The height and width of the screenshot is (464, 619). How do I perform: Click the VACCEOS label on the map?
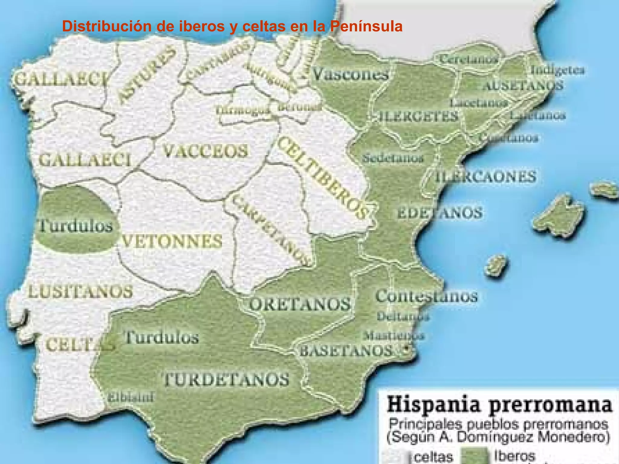205,151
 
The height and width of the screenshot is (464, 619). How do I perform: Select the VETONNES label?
172,241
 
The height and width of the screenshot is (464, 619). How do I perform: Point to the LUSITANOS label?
80,292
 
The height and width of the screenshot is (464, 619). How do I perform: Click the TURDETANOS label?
226,379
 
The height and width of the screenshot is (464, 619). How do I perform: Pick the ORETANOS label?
300,304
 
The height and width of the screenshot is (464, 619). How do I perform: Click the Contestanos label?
426,296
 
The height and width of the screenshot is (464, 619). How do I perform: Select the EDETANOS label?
440,213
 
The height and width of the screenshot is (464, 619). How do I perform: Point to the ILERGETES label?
419,116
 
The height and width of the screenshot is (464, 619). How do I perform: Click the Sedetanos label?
393,158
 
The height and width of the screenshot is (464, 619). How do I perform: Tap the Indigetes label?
558,70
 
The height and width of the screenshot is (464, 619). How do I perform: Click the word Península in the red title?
366,27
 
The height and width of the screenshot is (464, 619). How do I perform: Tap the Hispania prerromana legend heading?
499,405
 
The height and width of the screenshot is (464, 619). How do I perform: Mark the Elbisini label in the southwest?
131,397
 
